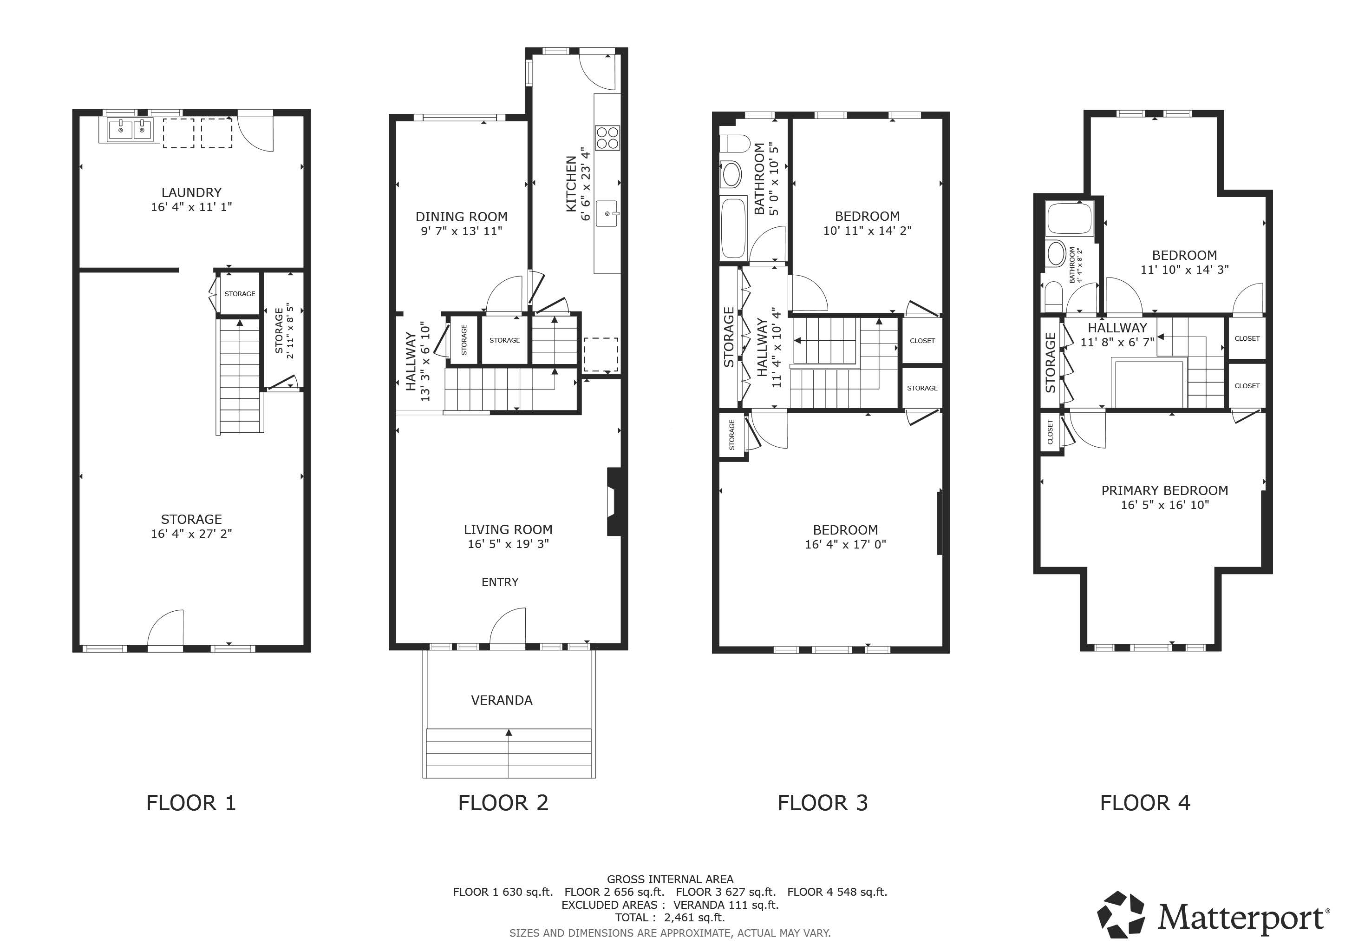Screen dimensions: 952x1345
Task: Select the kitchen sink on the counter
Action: pos(607,213)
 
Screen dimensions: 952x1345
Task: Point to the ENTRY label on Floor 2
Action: pos(500,582)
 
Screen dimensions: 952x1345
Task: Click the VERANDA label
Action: pos(502,700)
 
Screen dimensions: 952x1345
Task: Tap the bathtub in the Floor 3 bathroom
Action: pos(733,229)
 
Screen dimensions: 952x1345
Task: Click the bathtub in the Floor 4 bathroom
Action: pos(1070,218)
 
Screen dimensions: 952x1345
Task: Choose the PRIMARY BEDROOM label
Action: pos(1165,491)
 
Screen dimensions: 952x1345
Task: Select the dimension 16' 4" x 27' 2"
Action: pos(191,534)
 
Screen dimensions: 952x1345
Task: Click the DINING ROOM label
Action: pos(462,217)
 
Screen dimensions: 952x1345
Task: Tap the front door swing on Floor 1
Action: pos(166,630)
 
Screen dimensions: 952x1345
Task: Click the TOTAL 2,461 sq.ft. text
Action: pos(670,918)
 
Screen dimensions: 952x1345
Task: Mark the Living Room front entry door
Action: pos(508,628)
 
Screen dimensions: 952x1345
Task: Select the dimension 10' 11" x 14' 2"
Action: pos(867,231)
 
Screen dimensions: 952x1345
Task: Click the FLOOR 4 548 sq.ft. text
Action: pos(836,892)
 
